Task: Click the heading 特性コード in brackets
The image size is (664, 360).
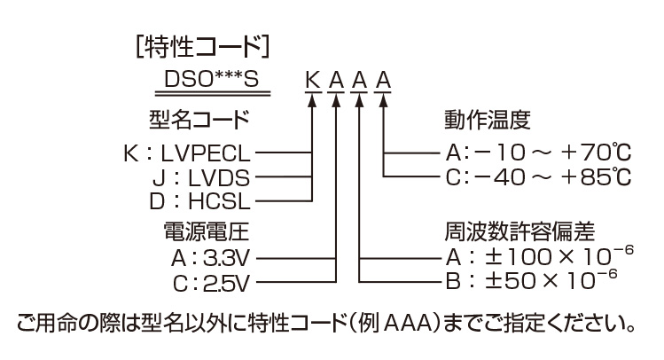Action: [199, 44]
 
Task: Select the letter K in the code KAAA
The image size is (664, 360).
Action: [313, 82]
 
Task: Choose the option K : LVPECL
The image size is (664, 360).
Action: [187, 153]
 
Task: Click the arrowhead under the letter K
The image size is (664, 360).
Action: [313, 98]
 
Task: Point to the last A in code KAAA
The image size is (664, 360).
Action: [384, 82]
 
